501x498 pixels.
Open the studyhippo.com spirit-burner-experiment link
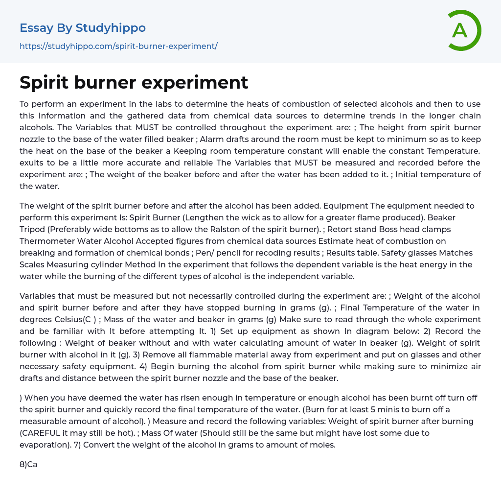click(118, 46)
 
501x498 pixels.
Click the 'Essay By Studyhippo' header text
click(83, 28)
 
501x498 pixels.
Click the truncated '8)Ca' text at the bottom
click(28, 464)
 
